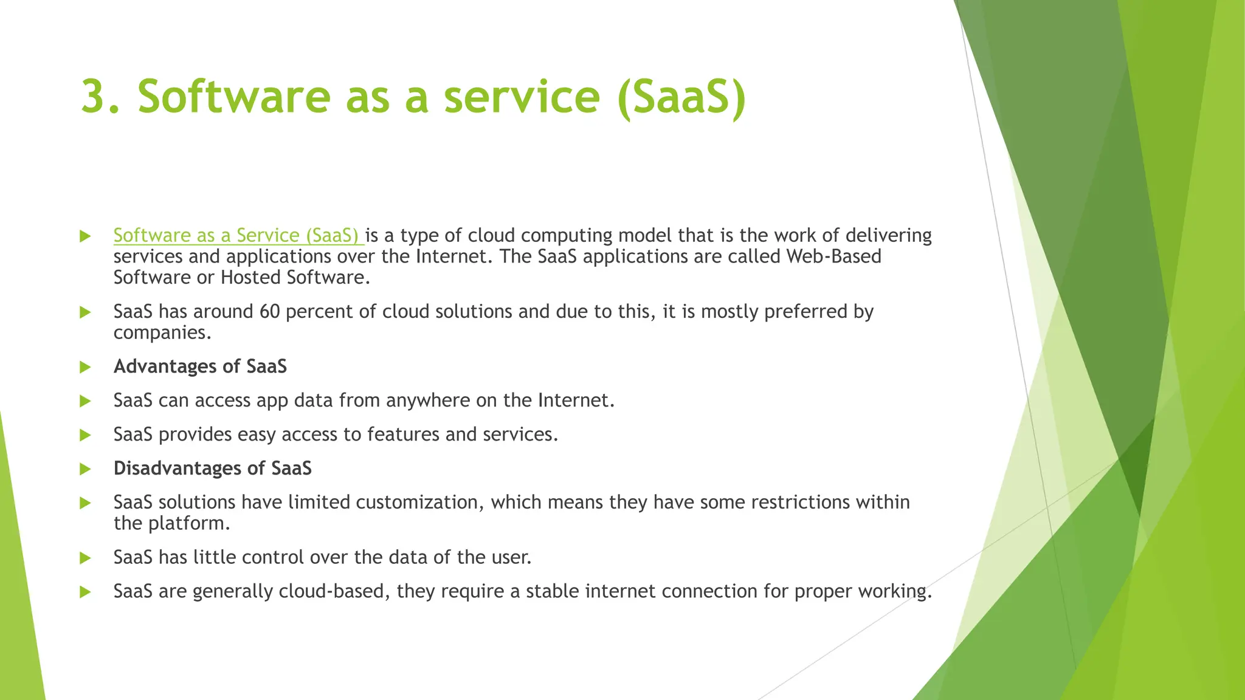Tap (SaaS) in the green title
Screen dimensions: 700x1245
tap(681, 97)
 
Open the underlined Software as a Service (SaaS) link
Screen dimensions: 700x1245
tap(237, 236)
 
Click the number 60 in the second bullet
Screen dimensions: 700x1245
tap(269, 312)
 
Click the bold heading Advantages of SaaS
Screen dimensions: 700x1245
tap(200, 366)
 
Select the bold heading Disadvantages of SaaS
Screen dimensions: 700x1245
tap(212, 468)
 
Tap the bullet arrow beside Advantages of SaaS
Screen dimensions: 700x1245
tap(85, 367)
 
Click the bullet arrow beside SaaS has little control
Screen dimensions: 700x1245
tap(85, 558)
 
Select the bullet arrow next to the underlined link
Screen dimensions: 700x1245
tap(85, 236)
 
